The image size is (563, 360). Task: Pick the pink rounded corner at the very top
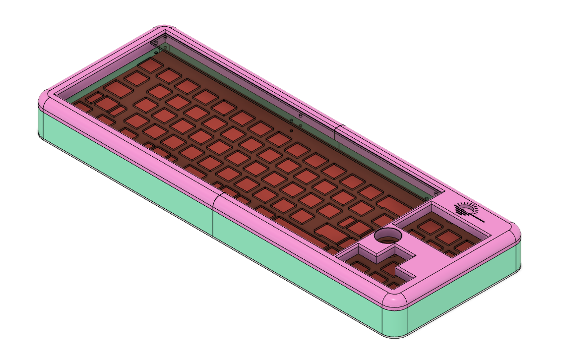click(165, 29)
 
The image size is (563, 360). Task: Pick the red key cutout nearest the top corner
click(148, 65)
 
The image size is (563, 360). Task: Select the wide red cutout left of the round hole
click(328, 231)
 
